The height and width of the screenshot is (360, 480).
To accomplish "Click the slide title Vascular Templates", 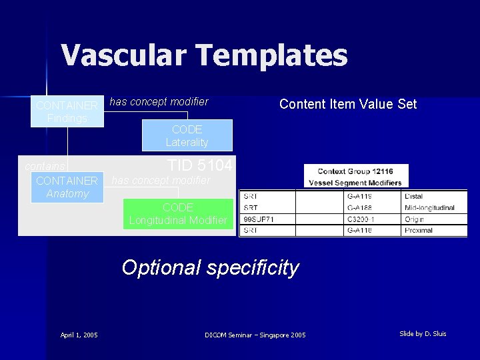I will pos(204,55).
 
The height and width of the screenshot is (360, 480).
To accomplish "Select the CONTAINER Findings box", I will pos(67,112).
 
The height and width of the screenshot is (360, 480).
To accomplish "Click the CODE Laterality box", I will pos(187,136).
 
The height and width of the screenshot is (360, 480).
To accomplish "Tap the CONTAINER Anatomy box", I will pos(67,187).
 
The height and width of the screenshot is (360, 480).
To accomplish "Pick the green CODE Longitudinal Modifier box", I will pos(178,214).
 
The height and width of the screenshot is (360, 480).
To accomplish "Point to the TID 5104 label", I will pos(199,165).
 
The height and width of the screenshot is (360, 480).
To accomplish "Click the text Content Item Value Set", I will pos(348,104).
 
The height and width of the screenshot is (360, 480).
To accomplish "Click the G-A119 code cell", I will pos(359,197).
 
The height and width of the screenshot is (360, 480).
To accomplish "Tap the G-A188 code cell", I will pos(359,208).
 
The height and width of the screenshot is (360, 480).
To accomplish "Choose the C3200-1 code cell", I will pos(361,219).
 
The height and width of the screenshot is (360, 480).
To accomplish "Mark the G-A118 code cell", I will pos(359,231).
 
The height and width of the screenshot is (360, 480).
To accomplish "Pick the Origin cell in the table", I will pos(414,219).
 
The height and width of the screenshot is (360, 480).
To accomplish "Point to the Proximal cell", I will pos(418,231).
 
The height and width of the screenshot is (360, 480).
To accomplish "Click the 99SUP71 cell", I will pos(257,219).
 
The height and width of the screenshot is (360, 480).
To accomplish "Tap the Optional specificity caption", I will pos(210,267).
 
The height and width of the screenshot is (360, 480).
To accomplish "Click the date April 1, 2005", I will pos(79,335).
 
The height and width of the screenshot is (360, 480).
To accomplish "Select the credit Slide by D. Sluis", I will pos(423,333).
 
